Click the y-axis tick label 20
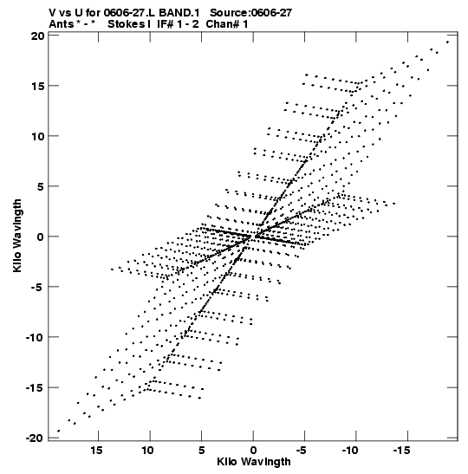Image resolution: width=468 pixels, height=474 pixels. (37, 36)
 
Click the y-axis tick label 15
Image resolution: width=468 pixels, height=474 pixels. (37, 86)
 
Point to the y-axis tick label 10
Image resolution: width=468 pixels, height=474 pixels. (37, 136)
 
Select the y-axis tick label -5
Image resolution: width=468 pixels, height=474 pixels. (37, 287)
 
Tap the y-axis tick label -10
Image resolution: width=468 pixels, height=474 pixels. (35, 337)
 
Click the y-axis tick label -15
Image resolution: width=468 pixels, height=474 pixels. (35, 387)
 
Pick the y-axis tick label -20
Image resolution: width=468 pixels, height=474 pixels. (35, 438)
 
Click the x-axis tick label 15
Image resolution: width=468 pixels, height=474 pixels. (97, 451)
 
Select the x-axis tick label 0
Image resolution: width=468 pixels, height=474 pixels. (253, 451)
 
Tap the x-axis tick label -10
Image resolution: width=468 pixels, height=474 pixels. (350, 451)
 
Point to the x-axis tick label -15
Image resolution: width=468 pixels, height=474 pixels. (402, 451)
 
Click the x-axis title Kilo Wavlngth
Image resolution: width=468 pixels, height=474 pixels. (254, 462)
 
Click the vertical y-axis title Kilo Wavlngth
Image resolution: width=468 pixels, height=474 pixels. (17, 236)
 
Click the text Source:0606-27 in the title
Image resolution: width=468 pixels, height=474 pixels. (251, 13)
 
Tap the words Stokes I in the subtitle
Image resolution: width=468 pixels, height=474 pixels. (129, 24)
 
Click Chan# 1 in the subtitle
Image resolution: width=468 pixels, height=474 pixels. (227, 24)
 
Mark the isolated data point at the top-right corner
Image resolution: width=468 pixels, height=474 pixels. (447, 42)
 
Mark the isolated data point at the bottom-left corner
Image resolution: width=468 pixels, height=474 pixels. (58, 431)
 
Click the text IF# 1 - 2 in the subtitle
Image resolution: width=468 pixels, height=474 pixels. (178, 24)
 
